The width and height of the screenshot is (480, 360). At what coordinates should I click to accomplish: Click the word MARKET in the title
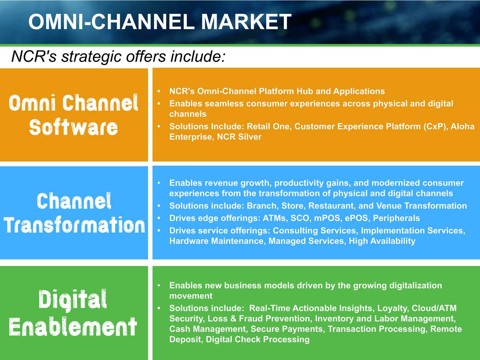coord(246,21)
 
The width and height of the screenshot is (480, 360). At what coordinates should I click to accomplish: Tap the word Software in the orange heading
coord(73,127)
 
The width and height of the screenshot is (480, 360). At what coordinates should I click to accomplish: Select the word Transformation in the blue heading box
coord(74,225)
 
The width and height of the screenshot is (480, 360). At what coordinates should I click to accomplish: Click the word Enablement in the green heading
coord(73,326)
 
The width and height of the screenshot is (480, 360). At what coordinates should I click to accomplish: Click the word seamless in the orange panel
coord(224,103)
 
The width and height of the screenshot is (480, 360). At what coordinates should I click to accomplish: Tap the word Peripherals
coord(396,218)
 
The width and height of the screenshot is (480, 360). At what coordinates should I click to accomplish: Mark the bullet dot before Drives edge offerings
coord(159,218)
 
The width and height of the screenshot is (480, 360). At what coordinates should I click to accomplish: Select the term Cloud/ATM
coord(434,308)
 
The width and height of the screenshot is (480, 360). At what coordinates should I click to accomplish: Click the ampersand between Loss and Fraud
coord(233,319)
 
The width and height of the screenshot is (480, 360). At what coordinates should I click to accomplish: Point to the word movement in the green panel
coord(191,296)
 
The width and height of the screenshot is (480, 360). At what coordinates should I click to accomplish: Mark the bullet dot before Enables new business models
coord(159,285)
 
